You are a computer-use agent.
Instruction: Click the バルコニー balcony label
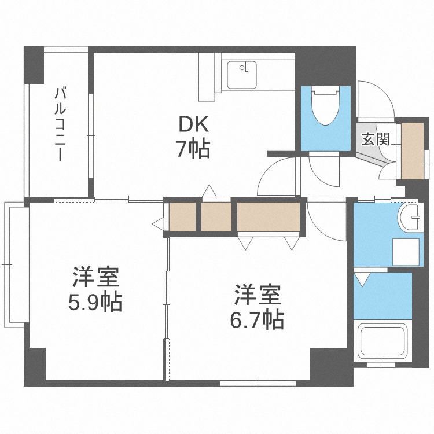[59, 123]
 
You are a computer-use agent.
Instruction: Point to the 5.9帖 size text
[95, 301]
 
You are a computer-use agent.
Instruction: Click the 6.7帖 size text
[257, 319]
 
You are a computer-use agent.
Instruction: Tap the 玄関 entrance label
[375, 139]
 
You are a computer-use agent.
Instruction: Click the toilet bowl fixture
[326, 106]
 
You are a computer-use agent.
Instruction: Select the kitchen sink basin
[242, 75]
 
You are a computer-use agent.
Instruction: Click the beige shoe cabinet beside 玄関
[412, 150]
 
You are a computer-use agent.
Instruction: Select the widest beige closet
[269, 217]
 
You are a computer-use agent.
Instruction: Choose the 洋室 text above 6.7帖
[257, 295]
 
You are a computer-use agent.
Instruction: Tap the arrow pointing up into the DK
[209, 190]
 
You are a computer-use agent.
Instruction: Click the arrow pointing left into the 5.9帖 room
[158, 222]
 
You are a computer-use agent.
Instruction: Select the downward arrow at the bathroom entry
[362, 280]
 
